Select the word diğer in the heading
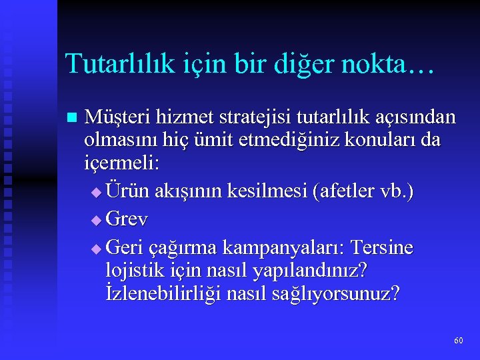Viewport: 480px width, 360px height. [x=294, y=65]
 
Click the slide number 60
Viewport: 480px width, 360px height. [x=458, y=341]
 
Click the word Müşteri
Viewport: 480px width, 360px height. [x=117, y=118]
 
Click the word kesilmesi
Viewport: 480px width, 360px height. [x=268, y=192]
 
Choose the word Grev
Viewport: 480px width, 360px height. [x=127, y=219]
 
